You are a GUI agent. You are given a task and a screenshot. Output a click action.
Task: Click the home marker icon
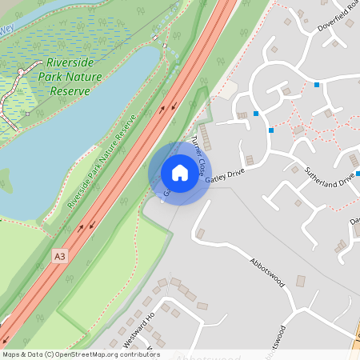[179, 173]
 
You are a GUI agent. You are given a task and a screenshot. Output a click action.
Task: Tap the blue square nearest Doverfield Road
[318, 85]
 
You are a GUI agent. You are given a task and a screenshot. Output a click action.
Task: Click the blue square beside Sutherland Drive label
[358, 174]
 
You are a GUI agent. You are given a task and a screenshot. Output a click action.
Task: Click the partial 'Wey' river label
[7, 28]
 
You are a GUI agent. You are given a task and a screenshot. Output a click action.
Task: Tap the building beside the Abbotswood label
[301, 282]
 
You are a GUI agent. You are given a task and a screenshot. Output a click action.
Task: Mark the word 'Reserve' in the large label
[70, 91]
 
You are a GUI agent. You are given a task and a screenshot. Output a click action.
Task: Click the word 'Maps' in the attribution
[11, 354]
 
